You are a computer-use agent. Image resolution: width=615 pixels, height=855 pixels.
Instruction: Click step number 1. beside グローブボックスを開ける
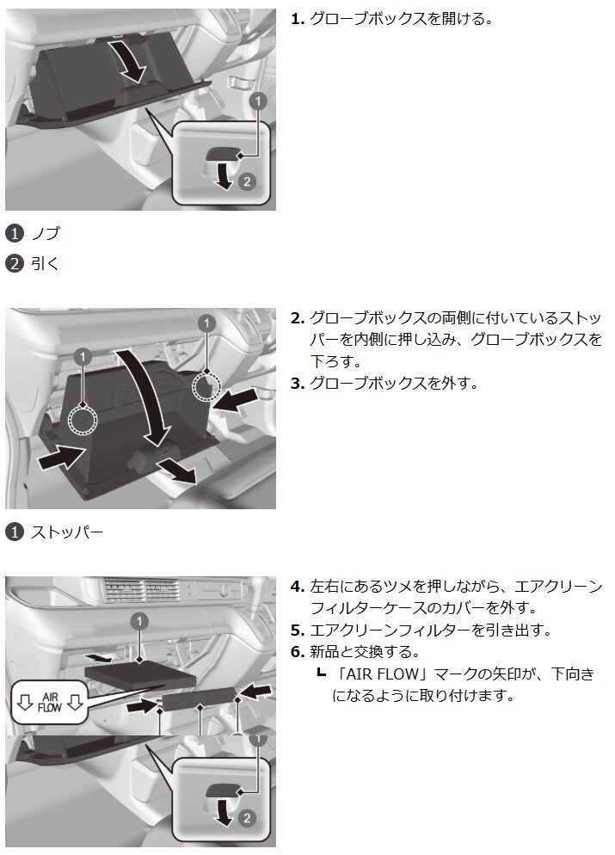[297, 19]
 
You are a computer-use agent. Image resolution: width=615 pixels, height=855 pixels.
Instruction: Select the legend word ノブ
[46, 233]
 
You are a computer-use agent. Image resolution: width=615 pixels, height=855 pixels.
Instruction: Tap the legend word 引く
[45, 264]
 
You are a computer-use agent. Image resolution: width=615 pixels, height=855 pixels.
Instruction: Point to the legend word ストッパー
[67, 532]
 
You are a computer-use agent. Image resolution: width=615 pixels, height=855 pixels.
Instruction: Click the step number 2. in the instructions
[297, 318]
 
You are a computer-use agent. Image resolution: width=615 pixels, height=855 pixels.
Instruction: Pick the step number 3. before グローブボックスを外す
[297, 384]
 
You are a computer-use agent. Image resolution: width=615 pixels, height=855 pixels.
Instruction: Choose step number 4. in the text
[297, 587]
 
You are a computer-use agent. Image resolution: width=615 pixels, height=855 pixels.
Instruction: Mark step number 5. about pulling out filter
[297, 630]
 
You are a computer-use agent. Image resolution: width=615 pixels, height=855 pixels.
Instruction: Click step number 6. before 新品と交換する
[297, 652]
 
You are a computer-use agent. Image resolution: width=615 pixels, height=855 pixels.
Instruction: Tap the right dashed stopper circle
[206, 384]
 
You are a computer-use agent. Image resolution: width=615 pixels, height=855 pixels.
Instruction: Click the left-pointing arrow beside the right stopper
[236, 401]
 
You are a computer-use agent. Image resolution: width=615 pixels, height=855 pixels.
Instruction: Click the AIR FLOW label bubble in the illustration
[49, 702]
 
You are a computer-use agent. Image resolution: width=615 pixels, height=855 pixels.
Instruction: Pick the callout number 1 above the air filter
[140, 621]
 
